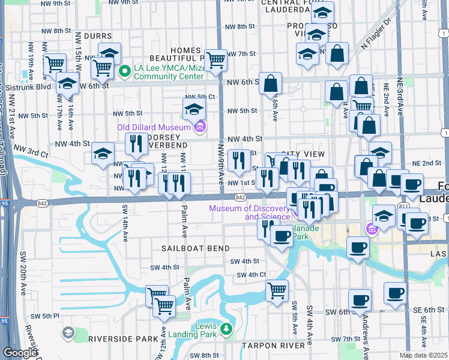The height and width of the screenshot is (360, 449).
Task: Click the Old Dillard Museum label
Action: (152, 127)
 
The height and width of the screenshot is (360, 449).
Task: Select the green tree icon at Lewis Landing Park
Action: (226, 329)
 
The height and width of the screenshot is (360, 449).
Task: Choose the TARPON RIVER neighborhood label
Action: (273, 346)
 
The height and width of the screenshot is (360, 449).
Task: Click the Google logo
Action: (20, 353)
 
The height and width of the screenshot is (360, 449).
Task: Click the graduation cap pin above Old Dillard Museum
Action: (194, 110)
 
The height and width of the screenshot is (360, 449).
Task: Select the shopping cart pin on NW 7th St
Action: (215, 61)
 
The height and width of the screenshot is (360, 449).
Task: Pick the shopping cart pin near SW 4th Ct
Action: (277, 292)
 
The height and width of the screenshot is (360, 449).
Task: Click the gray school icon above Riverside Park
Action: (68, 332)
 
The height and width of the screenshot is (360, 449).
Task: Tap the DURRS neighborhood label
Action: (98, 37)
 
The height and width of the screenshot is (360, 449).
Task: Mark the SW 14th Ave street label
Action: (125, 223)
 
